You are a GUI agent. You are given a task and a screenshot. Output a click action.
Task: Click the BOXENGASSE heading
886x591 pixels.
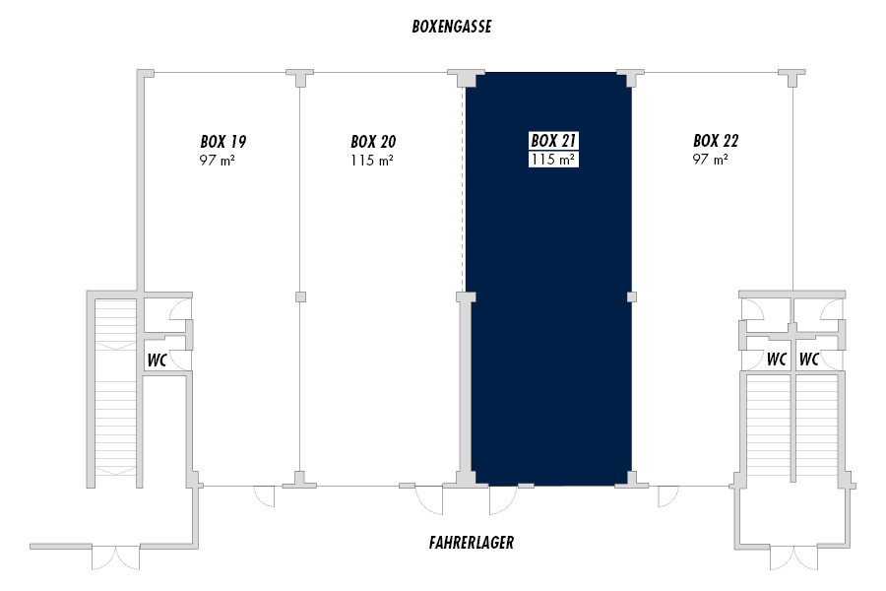pos(452,27)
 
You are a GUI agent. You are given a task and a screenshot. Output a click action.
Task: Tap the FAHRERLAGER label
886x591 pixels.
pos(472,543)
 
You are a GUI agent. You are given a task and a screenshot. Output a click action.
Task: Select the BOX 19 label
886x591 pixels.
pos(223,142)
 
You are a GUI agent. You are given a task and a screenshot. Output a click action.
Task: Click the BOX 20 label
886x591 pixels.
pos(373,142)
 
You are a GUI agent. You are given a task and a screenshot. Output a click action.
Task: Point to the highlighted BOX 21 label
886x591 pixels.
pos(553,140)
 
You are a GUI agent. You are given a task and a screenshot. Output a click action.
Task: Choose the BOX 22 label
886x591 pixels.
pos(716,140)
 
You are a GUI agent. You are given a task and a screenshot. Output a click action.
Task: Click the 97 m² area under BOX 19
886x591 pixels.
pos(217,160)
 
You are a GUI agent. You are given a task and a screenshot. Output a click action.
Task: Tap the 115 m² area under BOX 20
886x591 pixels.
pos(372,160)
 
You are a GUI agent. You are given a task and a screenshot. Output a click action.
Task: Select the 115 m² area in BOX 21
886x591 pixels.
pos(553,160)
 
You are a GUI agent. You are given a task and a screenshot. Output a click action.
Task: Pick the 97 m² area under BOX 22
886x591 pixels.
pos(710,159)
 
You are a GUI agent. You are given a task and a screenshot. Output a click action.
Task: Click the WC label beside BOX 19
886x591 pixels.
pos(158,361)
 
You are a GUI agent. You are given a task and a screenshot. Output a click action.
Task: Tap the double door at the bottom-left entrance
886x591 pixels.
pos(116,558)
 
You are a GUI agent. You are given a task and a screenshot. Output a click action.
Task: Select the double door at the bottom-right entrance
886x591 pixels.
pos(793,558)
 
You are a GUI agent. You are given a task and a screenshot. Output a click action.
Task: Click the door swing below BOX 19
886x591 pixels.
pos(265,496)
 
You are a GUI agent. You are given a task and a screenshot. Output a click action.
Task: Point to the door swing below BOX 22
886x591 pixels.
pos(667,496)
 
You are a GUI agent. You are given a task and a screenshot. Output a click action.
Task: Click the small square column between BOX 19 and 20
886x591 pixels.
pos(300,296)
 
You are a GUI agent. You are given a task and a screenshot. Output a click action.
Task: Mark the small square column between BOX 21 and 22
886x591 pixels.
pos(632,296)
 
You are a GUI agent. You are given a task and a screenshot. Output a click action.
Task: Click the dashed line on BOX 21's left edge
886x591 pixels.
pos(464,189)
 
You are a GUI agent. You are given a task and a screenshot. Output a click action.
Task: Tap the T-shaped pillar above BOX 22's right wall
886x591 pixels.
pos(791,78)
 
